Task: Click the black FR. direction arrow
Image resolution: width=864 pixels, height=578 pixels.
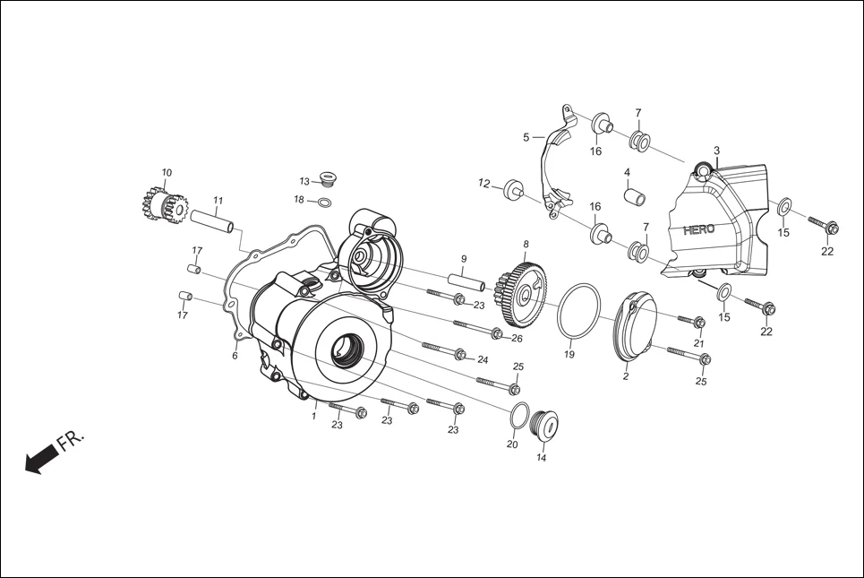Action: (x=41, y=460)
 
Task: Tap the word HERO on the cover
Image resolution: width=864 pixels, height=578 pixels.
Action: (x=698, y=229)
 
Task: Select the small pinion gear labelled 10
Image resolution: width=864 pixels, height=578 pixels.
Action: (x=162, y=205)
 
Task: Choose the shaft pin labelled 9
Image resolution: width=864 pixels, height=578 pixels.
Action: (x=465, y=280)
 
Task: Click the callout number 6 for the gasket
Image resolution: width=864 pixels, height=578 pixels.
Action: (x=235, y=356)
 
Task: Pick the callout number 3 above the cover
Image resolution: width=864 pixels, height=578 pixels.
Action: (x=716, y=150)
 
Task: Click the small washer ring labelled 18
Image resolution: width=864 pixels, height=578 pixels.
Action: (x=328, y=200)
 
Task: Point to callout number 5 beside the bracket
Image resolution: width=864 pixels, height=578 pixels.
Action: (x=526, y=137)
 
